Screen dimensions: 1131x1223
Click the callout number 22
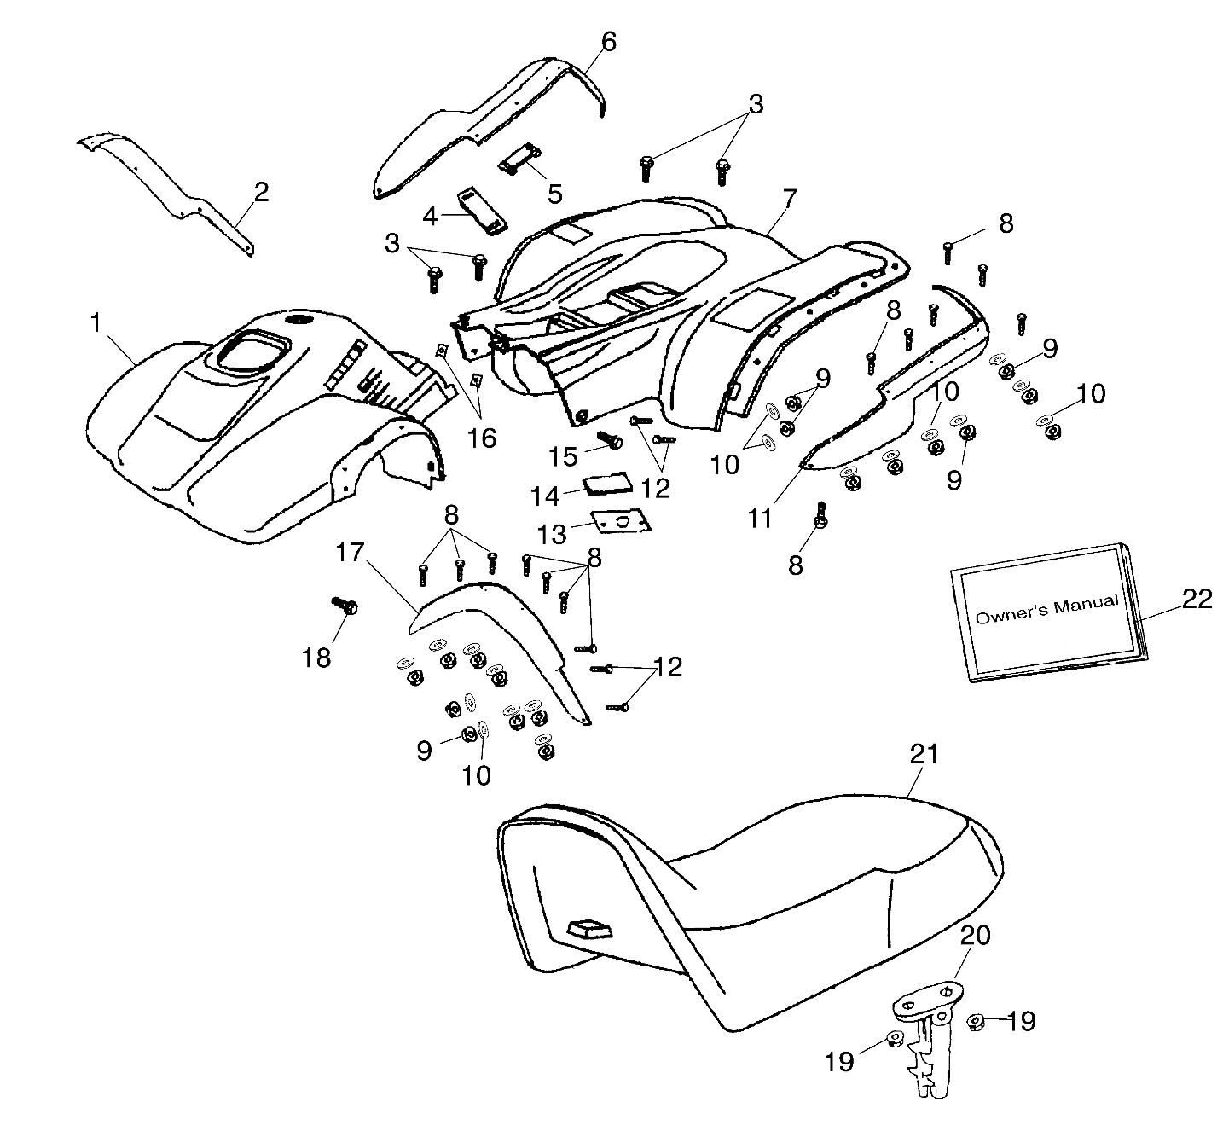pyautogui.click(x=1197, y=599)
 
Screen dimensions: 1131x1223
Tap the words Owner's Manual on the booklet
pyautogui.click(x=1046, y=610)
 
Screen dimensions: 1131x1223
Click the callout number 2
pyautogui.click(x=260, y=192)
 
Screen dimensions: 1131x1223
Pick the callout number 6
pyautogui.click(x=607, y=41)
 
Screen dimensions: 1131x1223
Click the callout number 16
pyautogui.click(x=482, y=438)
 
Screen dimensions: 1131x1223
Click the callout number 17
pyautogui.click(x=350, y=553)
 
